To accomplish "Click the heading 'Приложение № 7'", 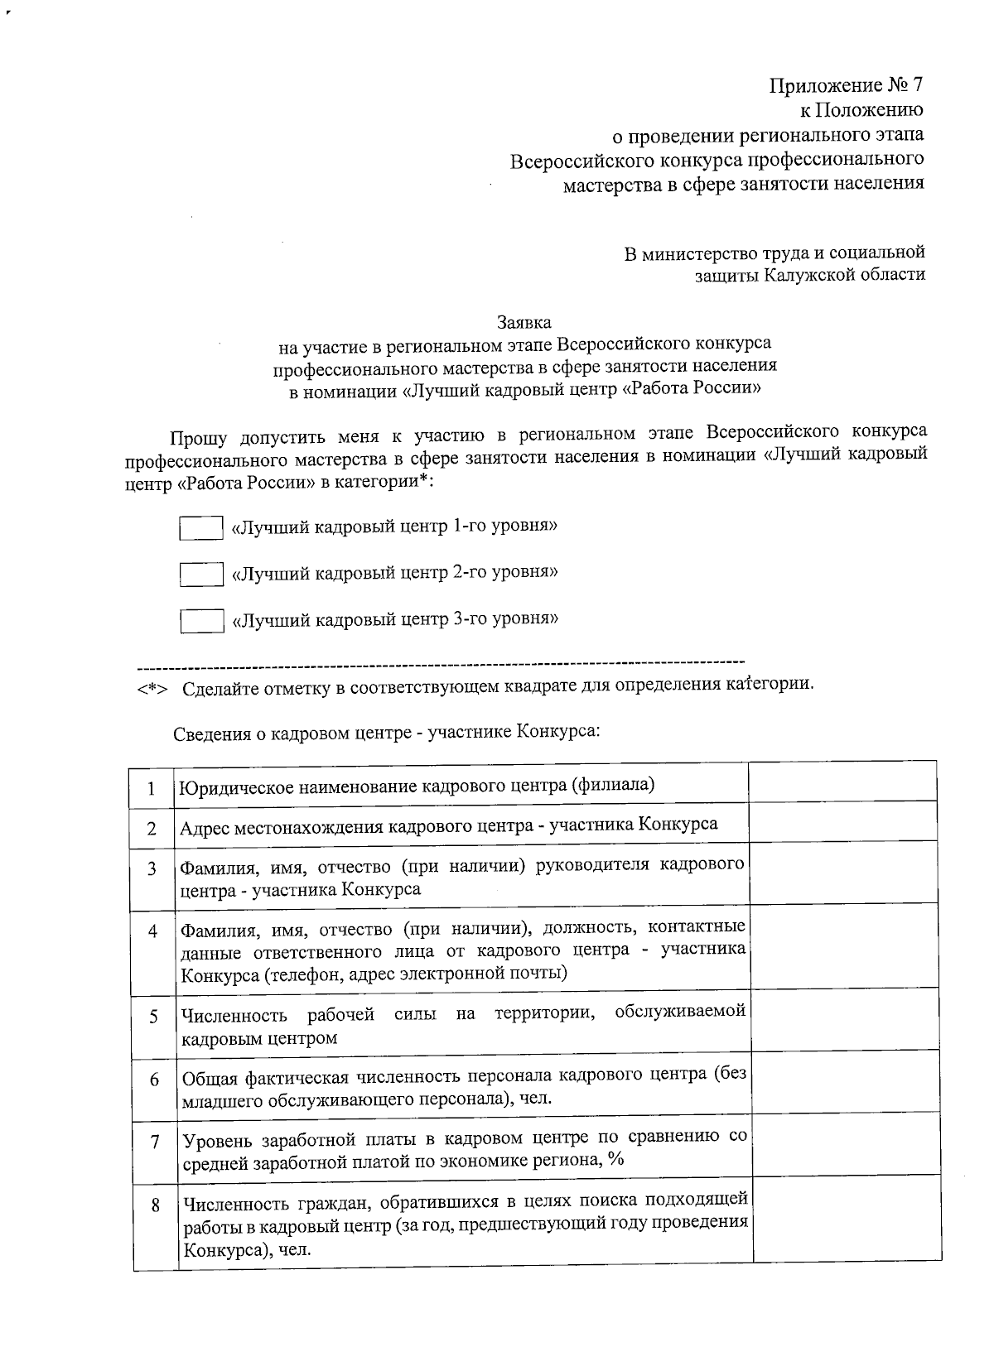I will [846, 86].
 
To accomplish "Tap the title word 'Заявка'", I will [524, 321].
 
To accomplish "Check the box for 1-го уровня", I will [200, 528].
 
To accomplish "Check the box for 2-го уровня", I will [201, 574].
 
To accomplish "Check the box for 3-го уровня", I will [201, 620].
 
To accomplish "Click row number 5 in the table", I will [153, 1016].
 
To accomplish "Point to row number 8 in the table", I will [155, 1205].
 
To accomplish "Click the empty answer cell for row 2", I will [842, 824].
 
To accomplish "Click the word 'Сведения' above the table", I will [206, 733].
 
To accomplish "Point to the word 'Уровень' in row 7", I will [217, 1140].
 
